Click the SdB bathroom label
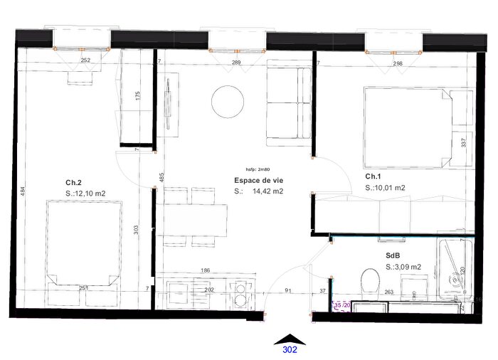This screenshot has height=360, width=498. point(393,255)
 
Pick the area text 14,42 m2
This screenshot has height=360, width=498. point(268,191)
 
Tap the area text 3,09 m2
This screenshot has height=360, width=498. point(408,267)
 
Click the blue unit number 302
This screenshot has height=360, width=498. point(290,350)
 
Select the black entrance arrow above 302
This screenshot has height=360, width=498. point(290,338)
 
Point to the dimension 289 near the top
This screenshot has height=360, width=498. point(216,63)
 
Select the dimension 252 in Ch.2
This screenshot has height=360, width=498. point(85,61)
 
